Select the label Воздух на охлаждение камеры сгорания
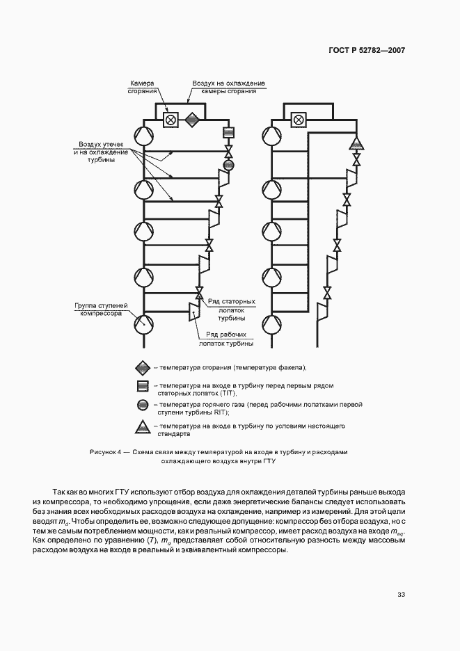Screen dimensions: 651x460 (228, 87)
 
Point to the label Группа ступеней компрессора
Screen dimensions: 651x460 (100, 309)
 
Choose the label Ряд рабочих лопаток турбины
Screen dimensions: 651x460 (225, 339)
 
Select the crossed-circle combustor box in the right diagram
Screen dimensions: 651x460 (299, 120)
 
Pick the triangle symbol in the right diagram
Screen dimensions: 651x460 (356, 144)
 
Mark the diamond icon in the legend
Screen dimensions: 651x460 (142, 367)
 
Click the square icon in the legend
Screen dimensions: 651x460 (142, 387)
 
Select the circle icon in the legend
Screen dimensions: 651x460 (142, 405)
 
